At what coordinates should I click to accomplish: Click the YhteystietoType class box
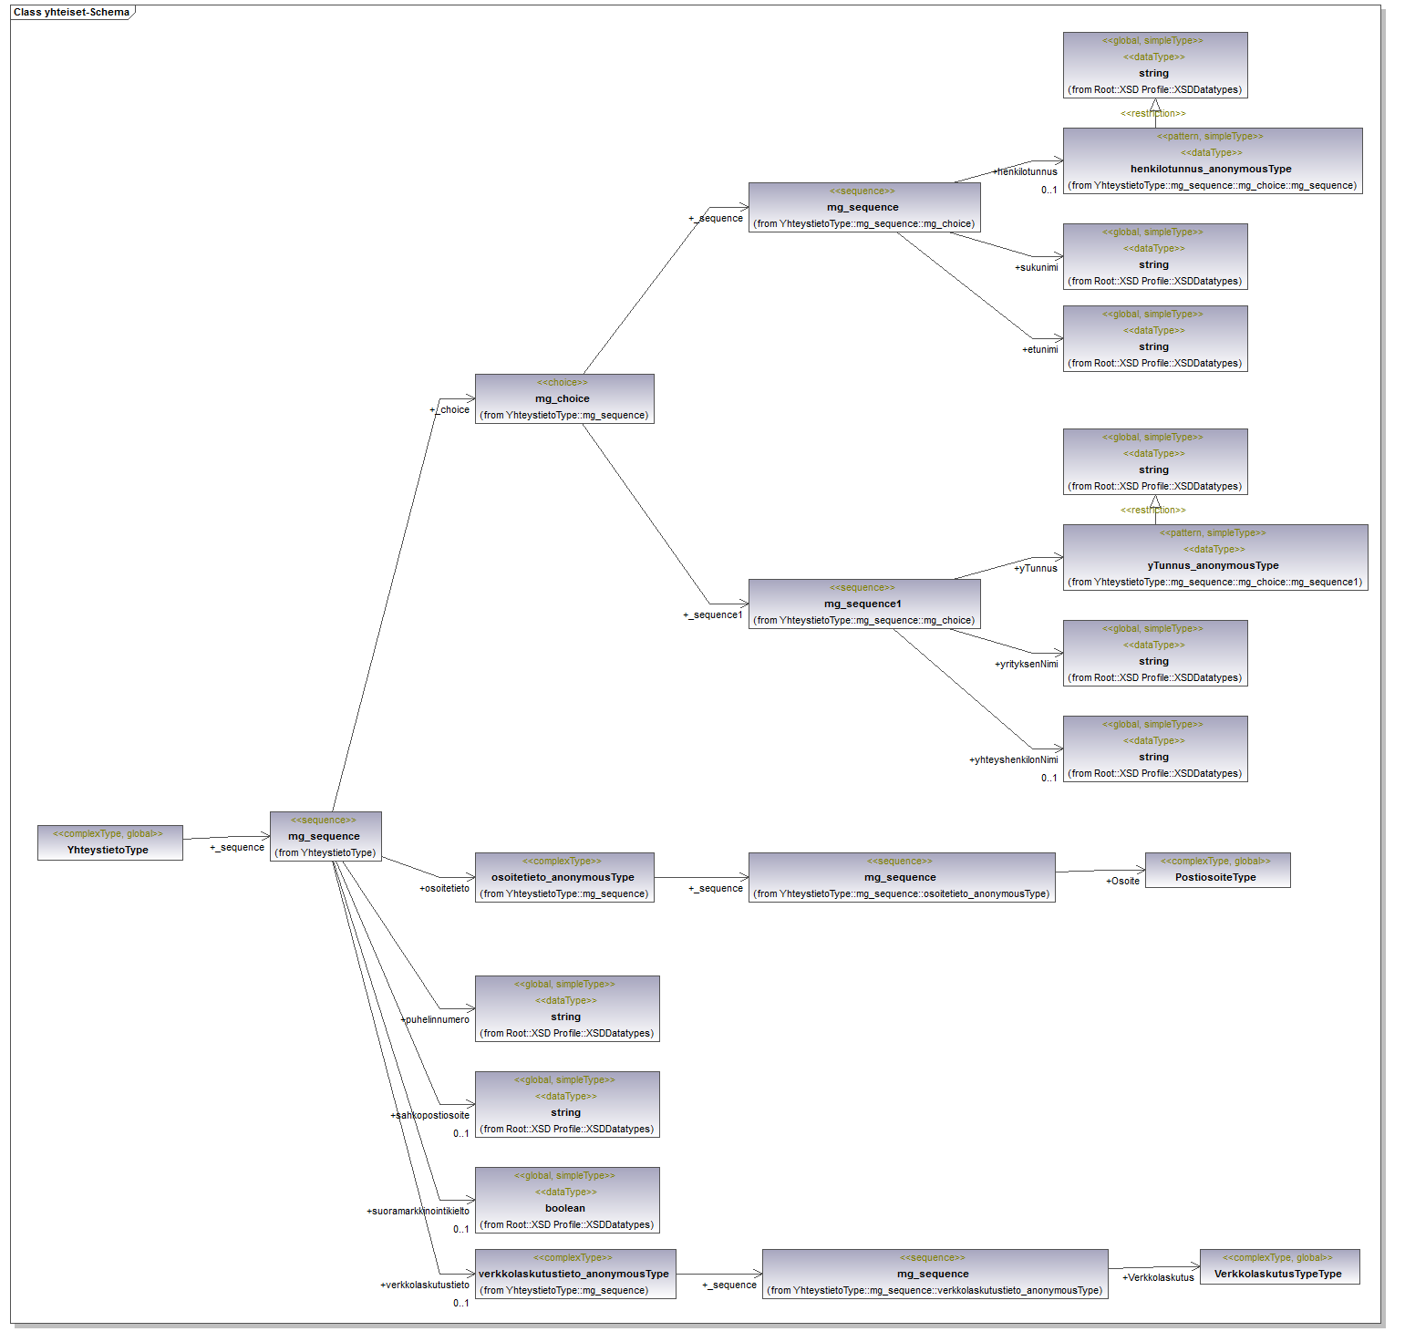click(x=109, y=842)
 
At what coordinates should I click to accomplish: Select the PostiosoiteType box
click(x=1217, y=870)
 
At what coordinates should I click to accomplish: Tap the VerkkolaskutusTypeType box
click(x=1279, y=1266)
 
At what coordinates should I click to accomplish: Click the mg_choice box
click(x=564, y=398)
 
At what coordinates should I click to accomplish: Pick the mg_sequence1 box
click(x=863, y=604)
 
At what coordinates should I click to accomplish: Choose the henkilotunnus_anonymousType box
click(x=1212, y=160)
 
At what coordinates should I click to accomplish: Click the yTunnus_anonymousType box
click(x=1214, y=557)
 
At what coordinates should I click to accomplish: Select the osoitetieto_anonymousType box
click(x=564, y=877)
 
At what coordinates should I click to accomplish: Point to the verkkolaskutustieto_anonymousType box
click(x=575, y=1274)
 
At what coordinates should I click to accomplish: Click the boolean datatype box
click(x=566, y=1200)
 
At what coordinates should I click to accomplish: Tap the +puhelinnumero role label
click(x=436, y=1019)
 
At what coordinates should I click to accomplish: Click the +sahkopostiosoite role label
click(x=430, y=1115)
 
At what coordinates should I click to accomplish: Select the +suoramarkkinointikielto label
click(x=418, y=1211)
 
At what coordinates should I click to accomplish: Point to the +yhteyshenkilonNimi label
click(x=1014, y=759)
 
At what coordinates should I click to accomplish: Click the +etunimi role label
click(x=1040, y=349)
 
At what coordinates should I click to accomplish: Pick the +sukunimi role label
click(x=1037, y=267)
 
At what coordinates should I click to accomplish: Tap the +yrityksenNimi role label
click(x=1027, y=664)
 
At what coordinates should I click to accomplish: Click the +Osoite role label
click(x=1122, y=881)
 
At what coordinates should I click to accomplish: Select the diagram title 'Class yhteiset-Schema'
click(x=71, y=12)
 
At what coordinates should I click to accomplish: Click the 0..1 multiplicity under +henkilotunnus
click(x=1049, y=190)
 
